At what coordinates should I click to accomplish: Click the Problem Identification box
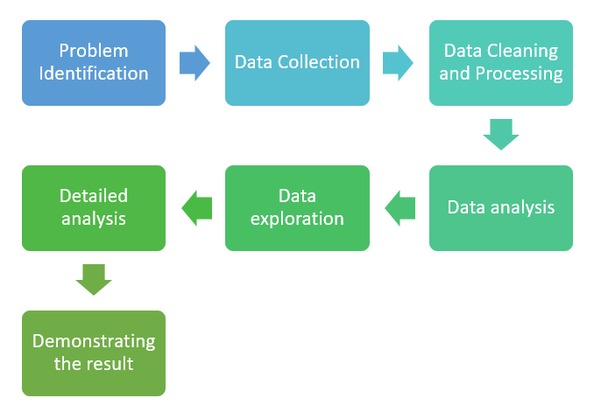coord(93,63)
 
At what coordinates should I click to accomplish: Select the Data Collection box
coord(297,63)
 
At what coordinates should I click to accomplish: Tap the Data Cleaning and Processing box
coord(500,63)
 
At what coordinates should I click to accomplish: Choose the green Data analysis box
coord(500,208)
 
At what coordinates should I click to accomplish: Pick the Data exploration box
coord(297,208)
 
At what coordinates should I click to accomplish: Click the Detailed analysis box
coord(93,208)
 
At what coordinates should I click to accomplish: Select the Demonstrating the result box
coord(93,353)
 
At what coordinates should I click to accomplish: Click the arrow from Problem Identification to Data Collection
coord(194,63)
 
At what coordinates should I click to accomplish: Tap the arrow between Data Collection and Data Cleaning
coord(398,63)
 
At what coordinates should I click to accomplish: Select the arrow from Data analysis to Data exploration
coord(400,208)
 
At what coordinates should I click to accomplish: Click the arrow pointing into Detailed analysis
coord(195,208)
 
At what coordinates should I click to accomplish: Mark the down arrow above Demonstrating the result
coord(93,280)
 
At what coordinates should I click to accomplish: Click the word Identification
coord(93,73)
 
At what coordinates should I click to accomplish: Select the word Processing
coord(519,74)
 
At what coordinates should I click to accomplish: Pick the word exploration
coord(297,219)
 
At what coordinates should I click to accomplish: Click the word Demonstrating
coord(93,341)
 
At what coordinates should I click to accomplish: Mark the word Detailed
coord(93,196)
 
